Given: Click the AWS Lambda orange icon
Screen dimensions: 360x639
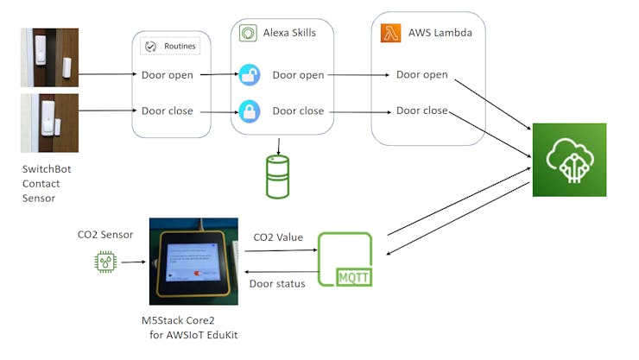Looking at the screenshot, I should point(389,34).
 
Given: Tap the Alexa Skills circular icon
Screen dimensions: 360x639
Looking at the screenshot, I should point(249,34).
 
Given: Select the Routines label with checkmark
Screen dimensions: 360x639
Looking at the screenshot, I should point(170,46).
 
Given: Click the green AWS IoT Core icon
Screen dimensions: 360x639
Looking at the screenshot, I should point(569,160).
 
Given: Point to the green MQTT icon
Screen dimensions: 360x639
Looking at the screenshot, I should point(345,260).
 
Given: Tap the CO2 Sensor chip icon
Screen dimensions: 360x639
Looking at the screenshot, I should point(104,262).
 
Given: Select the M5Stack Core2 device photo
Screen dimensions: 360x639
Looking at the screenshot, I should point(192,261).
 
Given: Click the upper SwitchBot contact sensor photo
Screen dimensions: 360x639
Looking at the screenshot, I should point(49,58).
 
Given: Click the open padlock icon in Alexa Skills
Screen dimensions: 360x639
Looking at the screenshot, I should point(249,75).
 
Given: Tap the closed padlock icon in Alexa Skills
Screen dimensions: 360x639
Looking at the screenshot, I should point(249,111).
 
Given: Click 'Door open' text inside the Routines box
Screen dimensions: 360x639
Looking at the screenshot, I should point(168,75).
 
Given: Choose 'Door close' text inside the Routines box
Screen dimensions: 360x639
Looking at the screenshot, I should point(168,111).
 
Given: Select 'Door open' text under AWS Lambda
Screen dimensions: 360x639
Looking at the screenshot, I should point(422,75).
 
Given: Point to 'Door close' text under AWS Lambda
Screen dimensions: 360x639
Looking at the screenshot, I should point(422,111).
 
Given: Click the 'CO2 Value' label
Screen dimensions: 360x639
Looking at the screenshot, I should point(277,237).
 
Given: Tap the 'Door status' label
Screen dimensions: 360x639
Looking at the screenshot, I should point(276,283).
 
